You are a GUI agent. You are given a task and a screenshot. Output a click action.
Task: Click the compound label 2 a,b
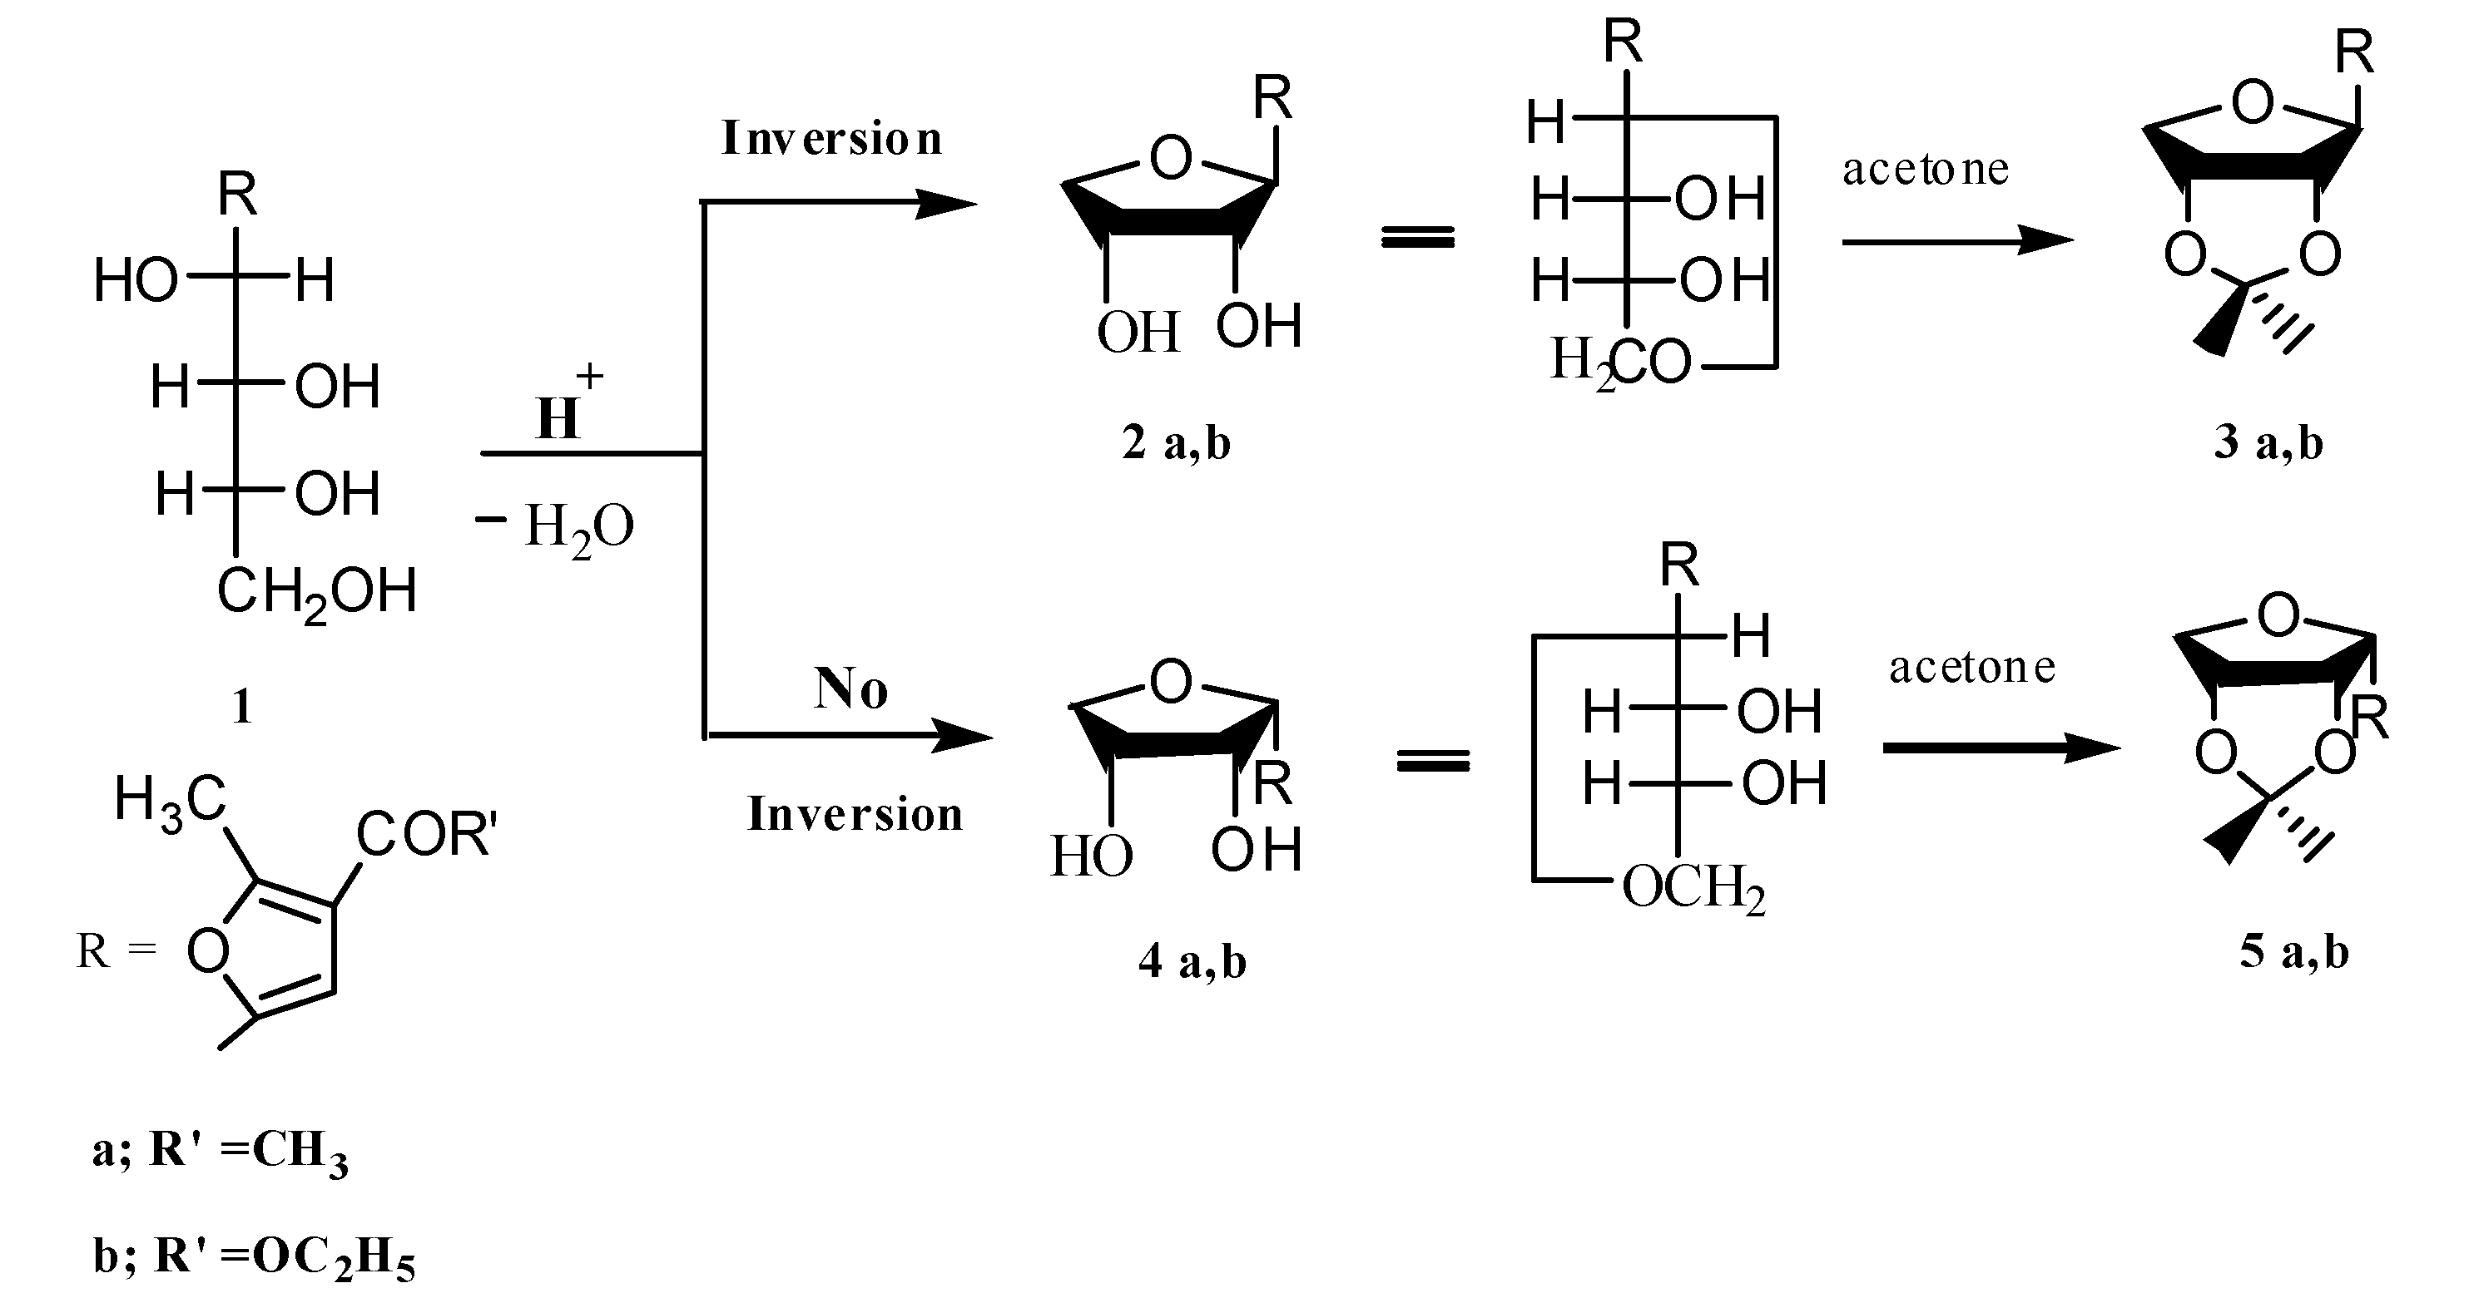(1176, 443)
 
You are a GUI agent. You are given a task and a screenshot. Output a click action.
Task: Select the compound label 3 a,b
(2268, 443)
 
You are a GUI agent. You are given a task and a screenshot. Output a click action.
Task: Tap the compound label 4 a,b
(1192, 961)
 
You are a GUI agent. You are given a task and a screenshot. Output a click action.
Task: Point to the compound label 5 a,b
(2294, 951)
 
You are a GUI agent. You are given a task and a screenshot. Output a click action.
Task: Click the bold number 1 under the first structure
(242, 708)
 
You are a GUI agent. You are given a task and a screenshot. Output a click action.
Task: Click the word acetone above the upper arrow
(1925, 170)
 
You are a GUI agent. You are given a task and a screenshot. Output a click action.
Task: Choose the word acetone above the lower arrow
(1971, 667)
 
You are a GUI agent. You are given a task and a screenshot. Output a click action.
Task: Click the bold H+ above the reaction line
(567, 408)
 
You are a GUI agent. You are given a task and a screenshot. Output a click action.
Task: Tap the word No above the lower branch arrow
(850, 688)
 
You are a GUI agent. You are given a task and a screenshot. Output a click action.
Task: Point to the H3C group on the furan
(170, 802)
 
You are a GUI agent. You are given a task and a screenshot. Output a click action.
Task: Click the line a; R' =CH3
(220, 1151)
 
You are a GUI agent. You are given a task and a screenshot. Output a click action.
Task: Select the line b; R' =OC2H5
(255, 1257)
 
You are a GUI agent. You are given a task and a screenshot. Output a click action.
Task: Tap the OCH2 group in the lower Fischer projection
(1693, 888)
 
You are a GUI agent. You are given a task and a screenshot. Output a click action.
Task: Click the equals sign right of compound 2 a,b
(1417, 238)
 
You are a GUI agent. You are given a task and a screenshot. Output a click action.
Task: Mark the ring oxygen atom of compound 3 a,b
(2252, 103)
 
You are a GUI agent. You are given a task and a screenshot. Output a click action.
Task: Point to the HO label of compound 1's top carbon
(136, 282)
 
